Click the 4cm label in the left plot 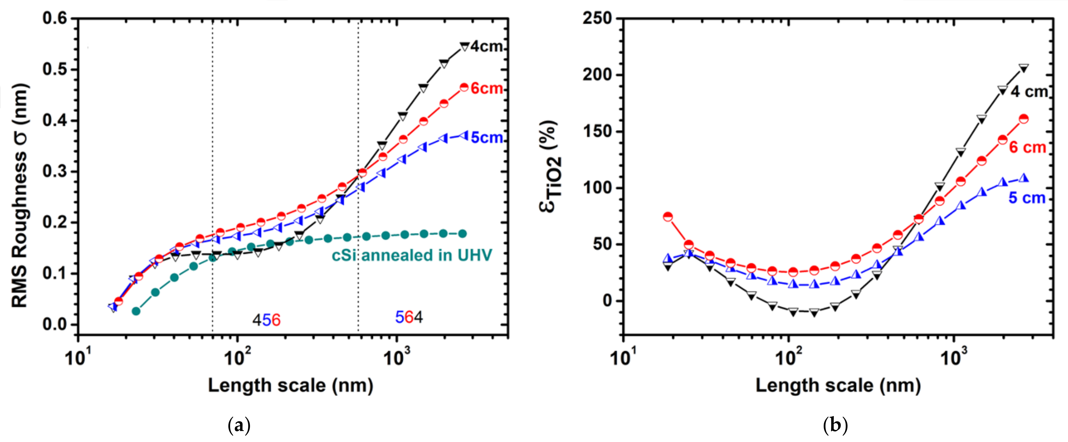pyautogui.click(x=486, y=46)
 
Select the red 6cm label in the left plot pyautogui.click(x=487, y=88)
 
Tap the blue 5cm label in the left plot pyautogui.click(x=487, y=137)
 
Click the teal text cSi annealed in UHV pyautogui.click(x=412, y=255)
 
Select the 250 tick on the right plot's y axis pyautogui.click(x=597, y=18)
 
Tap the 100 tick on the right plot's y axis pyautogui.click(x=597, y=188)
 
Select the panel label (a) pyautogui.click(x=239, y=425)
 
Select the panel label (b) pyautogui.click(x=835, y=425)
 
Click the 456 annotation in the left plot pyautogui.click(x=266, y=320)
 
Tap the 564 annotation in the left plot pyautogui.click(x=409, y=317)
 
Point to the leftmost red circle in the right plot pyautogui.click(x=667, y=216)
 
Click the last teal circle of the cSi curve pyautogui.click(x=462, y=234)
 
